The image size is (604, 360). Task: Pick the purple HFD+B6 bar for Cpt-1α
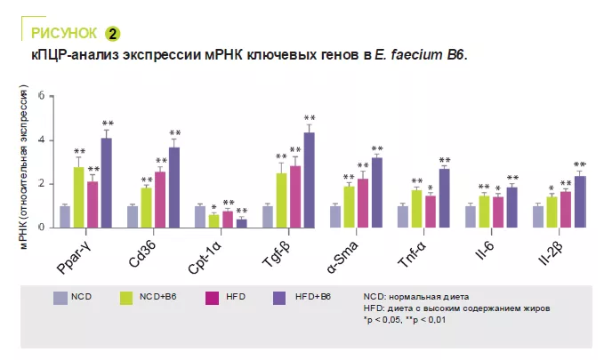241,223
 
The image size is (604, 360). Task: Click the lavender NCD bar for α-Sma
335,217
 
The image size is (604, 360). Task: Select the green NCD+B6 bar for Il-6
485,212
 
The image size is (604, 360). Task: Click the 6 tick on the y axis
52,95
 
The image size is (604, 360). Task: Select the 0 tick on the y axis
52,228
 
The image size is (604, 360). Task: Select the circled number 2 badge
112,34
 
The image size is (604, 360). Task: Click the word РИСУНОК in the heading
64,34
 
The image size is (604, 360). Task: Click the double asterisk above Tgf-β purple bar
310,118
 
